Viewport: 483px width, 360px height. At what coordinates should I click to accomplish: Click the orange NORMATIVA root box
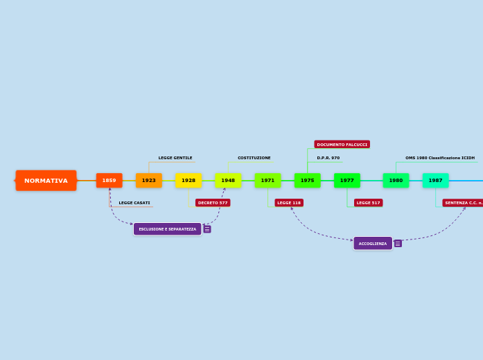click(x=46, y=181)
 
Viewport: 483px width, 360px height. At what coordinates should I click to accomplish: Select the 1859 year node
click(x=109, y=181)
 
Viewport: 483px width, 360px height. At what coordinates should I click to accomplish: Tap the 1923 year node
click(x=149, y=181)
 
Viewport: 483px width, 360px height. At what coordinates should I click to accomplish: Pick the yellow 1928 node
click(x=188, y=181)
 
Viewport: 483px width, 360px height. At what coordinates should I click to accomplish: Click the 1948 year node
click(x=228, y=181)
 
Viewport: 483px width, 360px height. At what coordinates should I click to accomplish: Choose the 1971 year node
click(x=267, y=181)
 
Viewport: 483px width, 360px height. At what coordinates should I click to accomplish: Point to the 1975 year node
click(x=307, y=181)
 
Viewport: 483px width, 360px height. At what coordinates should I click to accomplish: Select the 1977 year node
click(x=347, y=181)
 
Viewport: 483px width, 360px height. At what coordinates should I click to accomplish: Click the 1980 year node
click(x=396, y=181)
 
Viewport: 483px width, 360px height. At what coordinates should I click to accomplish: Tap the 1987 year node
click(x=435, y=181)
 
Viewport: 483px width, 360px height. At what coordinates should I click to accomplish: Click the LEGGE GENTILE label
click(x=175, y=158)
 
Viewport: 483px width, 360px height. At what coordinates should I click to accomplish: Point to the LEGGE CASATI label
click(x=134, y=203)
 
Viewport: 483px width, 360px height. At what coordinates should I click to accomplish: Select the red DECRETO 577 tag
click(x=213, y=203)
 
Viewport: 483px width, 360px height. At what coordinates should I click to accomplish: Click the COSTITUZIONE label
click(x=254, y=158)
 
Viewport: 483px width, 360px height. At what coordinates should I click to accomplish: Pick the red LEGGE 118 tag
click(x=289, y=203)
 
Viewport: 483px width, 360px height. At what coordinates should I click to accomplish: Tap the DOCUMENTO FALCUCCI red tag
click(x=342, y=145)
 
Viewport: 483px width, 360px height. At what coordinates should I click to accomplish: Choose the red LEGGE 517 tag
click(x=368, y=203)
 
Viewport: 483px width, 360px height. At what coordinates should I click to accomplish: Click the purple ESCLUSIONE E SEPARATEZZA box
click(x=167, y=229)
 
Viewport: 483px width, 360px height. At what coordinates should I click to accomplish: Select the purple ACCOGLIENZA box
click(x=373, y=244)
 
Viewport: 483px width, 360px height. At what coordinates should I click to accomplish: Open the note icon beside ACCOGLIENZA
click(x=398, y=244)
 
